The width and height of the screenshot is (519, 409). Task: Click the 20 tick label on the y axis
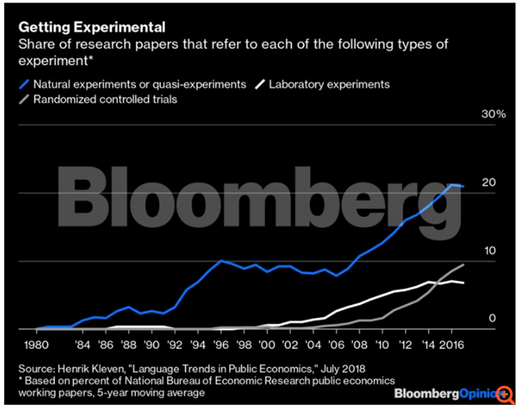click(489, 183)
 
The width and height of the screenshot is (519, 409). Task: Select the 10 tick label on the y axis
click(489, 251)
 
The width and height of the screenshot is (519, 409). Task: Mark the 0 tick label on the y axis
click(492, 319)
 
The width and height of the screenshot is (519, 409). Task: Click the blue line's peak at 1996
click(221, 260)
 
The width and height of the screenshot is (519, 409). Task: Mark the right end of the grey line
click(464, 264)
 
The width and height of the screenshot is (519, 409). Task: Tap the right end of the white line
click(464, 284)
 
